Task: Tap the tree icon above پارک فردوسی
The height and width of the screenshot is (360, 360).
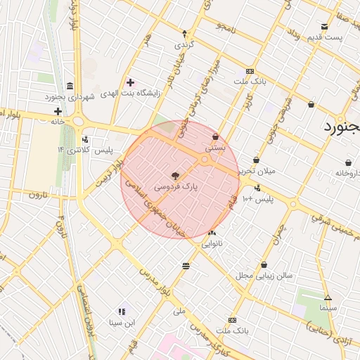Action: click(x=174, y=176)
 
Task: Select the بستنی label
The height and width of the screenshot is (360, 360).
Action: click(x=216, y=149)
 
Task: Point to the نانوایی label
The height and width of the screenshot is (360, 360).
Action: click(x=212, y=245)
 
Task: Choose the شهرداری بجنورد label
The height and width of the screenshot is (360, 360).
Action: click(x=70, y=96)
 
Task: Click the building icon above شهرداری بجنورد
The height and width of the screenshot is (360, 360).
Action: click(x=69, y=84)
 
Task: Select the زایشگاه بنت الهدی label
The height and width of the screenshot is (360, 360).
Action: click(x=130, y=93)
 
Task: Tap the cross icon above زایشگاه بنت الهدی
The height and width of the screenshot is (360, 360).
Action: click(x=130, y=82)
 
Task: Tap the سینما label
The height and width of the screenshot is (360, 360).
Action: click(x=328, y=308)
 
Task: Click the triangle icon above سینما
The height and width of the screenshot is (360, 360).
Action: click(x=328, y=297)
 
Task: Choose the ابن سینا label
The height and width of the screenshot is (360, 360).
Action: click(x=122, y=323)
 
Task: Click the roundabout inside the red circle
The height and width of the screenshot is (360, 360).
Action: click(x=205, y=160)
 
